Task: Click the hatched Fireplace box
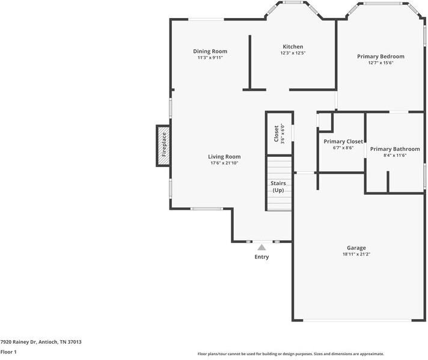[x=163, y=145]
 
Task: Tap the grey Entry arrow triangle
[x=261, y=247]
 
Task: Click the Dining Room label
[x=210, y=51]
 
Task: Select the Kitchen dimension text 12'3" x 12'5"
[x=293, y=53]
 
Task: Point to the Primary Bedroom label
[x=381, y=56]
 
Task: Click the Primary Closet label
[x=343, y=141]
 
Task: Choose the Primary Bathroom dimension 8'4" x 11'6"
[x=395, y=155]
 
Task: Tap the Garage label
[x=356, y=248]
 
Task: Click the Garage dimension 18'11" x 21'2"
[x=356, y=254]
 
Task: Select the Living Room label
[x=224, y=157]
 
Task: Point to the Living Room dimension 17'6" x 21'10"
[x=224, y=163]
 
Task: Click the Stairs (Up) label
[x=278, y=187]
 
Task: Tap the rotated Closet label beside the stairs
[x=277, y=134]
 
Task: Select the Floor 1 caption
[x=8, y=352]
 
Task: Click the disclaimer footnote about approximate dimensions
[x=291, y=354]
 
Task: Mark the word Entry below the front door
[x=261, y=257]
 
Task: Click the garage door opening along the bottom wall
[x=357, y=320]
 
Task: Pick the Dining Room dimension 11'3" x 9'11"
[x=210, y=58]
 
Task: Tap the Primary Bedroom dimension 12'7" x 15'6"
[x=381, y=63]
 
